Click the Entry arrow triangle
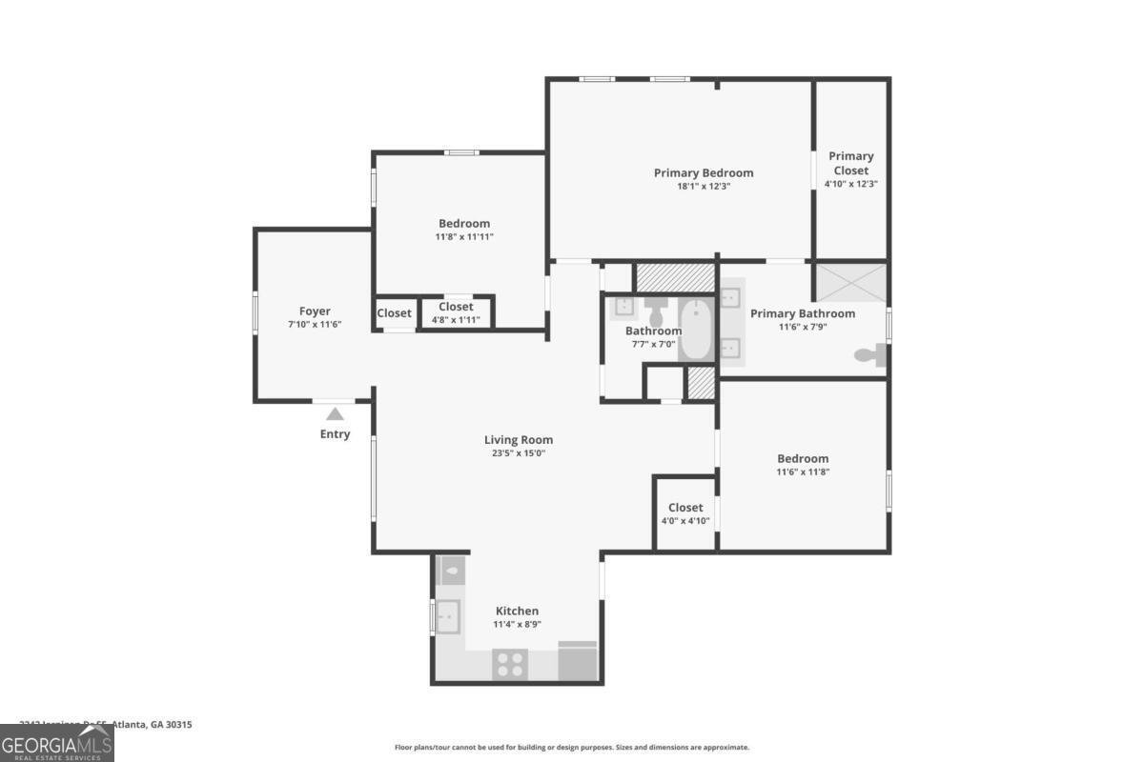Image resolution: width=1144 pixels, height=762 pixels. coord(335,413)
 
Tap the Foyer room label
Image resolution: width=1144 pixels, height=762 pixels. coord(315,311)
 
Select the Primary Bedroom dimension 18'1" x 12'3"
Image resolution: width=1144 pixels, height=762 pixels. coord(704,187)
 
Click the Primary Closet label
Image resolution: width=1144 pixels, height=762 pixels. coord(850,163)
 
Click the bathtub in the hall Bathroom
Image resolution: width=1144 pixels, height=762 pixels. coord(697,330)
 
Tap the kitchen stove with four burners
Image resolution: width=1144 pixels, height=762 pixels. coord(510,663)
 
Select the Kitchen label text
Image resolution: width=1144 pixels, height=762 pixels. coord(517,612)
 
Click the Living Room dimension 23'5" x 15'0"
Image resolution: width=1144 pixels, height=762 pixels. coord(519,453)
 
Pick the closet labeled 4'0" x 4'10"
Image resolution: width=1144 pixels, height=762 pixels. coord(685,513)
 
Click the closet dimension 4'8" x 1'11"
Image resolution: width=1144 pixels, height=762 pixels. coord(456,320)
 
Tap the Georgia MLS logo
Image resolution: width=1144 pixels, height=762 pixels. coord(57,743)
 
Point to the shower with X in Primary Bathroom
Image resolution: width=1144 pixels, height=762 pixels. coord(849,283)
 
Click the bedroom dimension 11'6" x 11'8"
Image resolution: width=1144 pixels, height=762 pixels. coord(803,471)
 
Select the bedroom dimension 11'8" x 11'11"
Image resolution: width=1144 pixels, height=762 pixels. coord(464,237)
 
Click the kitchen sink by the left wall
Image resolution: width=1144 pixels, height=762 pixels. coord(447,616)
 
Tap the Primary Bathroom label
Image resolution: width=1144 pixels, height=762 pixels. coord(803,313)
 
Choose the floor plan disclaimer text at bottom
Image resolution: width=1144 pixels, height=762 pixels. coord(572,748)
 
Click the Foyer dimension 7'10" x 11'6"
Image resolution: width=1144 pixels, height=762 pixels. coord(315,325)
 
